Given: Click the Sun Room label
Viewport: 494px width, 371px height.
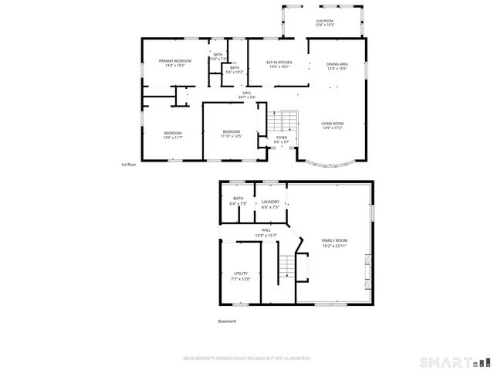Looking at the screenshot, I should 325,23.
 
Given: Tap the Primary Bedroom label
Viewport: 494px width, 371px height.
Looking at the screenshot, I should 175,63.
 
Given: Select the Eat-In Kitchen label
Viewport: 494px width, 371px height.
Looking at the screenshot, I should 279,64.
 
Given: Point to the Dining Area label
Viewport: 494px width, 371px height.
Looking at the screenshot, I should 337,66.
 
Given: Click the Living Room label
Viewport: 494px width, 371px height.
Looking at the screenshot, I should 333,126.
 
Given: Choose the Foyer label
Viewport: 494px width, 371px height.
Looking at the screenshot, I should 282,140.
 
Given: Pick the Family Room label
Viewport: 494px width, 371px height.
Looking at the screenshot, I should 334,243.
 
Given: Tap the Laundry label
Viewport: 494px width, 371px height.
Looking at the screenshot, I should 270,205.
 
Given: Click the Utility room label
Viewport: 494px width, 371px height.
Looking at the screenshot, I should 241,276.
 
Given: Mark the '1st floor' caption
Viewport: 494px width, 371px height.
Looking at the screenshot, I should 128,165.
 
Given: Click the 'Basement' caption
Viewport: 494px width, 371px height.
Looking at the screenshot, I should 227,322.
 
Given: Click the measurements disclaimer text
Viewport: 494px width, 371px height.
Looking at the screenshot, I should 246,359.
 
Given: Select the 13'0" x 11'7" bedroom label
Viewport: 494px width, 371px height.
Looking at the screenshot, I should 173,135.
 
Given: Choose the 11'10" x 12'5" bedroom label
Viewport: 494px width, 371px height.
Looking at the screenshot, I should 232,134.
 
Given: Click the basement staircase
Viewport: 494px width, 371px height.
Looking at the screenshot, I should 287,266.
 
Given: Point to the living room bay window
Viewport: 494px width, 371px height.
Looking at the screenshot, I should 328,164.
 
